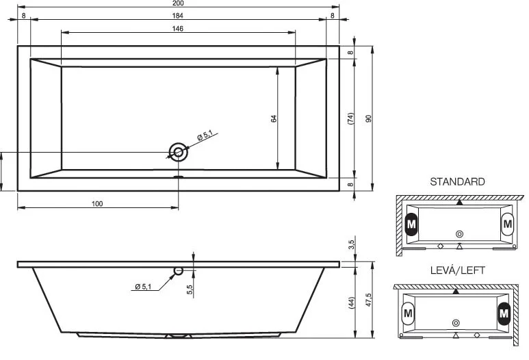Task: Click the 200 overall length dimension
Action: pyautogui.click(x=179, y=3)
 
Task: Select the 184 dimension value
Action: pyautogui.click(x=179, y=15)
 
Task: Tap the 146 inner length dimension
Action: pyautogui.click(x=179, y=28)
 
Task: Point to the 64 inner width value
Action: pyautogui.click(x=274, y=118)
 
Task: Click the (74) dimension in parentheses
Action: pyautogui.click(x=350, y=118)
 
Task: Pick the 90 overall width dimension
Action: pyautogui.click(x=368, y=118)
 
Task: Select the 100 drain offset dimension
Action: pyautogui.click(x=97, y=203)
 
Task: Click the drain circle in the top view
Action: pyautogui.click(x=179, y=152)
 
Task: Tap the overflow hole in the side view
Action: pyautogui.click(x=179, y=270)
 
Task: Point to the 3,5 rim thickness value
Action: pyautogui.click(x=350, y=244)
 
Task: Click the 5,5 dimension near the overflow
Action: pyautogui.click(x=190, y=290)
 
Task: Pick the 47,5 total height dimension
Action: pyautogui.click(x=368, y=300)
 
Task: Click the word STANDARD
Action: pyautogui.click(x=457, y=182)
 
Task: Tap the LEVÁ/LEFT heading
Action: pyautogui.click(x=457, y=270)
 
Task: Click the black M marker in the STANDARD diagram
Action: pyautogui.click(x=411, y=224)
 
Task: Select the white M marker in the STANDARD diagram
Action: pyautogui.click(x=507, y=224)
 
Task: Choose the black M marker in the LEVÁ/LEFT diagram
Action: pyautogui.click(x=504, y=313)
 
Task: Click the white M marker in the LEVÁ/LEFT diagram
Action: pyautogui.click(x=409, y=313)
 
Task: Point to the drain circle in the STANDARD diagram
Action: pyautogui.click(x=459, y=233)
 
